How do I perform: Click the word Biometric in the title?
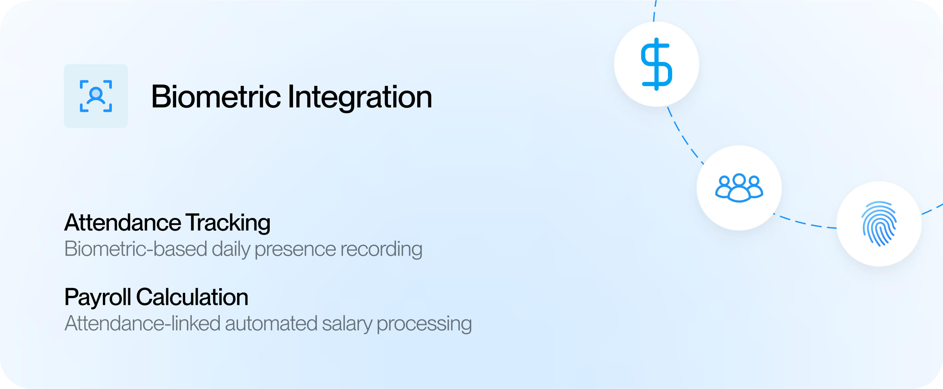[x=216, y=97]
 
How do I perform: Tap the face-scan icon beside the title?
[x=96, y=96]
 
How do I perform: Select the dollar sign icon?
[x=657, y=64]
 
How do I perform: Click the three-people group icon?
[x=739, y=188]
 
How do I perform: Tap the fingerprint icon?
[x=879, y=224]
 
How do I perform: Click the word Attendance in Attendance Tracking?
[x=123, y=223]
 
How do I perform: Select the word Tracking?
[x=228, y=223]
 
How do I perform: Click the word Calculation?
[x=192, y=297]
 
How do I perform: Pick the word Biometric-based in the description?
[x=136, y=249]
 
